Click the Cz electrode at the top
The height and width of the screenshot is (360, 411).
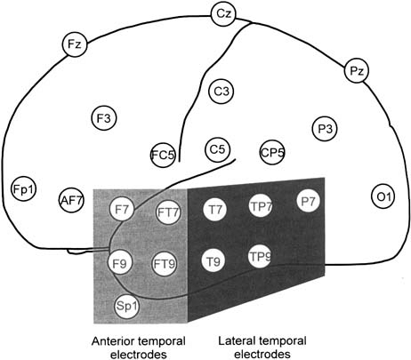(223, 14)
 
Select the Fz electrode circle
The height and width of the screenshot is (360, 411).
(75, 44)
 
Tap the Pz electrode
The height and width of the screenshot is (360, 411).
(357, 71)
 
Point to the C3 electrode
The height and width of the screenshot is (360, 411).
(222, 92)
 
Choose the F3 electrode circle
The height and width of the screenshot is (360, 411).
(103, 118)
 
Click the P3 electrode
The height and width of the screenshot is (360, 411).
(325, 129)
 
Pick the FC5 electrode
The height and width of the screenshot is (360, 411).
(163, 155)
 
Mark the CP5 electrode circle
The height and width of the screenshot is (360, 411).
(272, 153)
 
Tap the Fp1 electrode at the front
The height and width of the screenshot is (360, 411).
(24, 188)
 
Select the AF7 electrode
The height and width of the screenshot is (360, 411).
(71, 200)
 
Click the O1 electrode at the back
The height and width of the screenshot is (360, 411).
(383, 196)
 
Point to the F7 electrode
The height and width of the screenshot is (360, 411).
(122, 210)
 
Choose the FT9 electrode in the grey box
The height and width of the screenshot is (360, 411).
(165, 263)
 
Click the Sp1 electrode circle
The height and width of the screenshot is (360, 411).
(127, 306)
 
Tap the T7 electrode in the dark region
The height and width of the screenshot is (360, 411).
(215, 209)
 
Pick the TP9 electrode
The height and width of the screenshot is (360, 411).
(260, 257)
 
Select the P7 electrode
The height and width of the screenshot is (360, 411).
(309, 201)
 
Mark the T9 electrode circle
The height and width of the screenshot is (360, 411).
(214, 261)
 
